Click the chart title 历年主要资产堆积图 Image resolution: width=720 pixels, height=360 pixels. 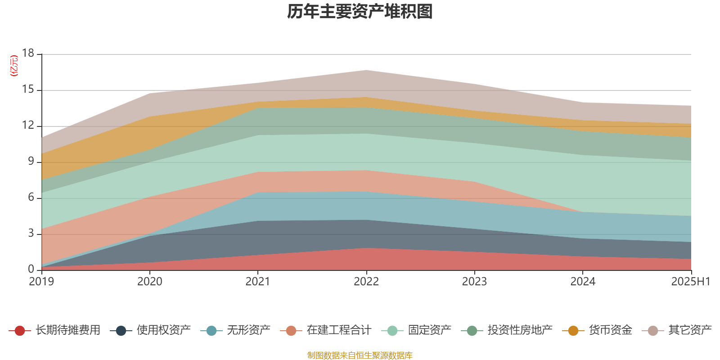pyautogui.click(x=360, y=12)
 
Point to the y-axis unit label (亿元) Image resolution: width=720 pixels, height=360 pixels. pyautogui.click(x=14, y=66)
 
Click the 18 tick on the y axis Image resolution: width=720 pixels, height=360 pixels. pyautogui.click(x=28, y=54)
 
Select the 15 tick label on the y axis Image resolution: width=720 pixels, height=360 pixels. pyautogui.click(x=28, y=90)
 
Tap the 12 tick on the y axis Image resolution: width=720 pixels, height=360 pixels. pyautogui.click(x=28, y=126)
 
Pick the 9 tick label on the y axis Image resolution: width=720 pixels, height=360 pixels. pyautogui.click(x=31, y=162)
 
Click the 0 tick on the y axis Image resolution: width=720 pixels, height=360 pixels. pyautogui.click(x=31, y=269)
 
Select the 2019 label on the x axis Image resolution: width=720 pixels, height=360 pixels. pyautogui.click(x=41, y=282)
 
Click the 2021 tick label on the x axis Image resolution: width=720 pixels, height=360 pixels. pyautogui.click(x=258, y=282)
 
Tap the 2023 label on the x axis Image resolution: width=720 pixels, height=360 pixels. pyautogui.click(x=474, y=282)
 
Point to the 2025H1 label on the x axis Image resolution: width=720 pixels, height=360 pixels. pyautogui.click(x=690, y=282)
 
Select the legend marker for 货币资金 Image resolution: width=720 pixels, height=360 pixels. pyautogui.click(x=573, y=331)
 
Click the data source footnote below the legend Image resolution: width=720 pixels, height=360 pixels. pyautogui.click(x=360, y=355)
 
